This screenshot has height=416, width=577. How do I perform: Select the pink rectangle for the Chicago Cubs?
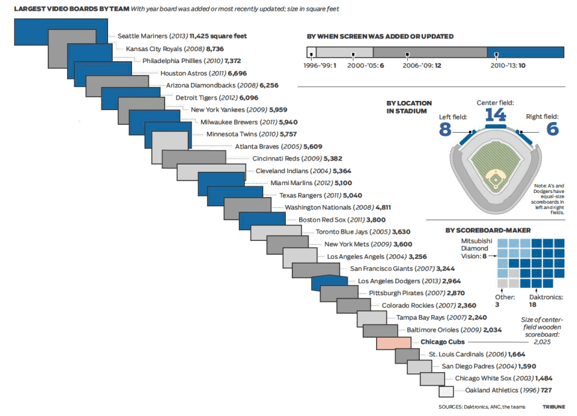395,343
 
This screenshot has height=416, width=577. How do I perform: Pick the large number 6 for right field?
534,129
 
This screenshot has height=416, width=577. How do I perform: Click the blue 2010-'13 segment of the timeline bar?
525,52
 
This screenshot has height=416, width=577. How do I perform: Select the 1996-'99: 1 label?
320,66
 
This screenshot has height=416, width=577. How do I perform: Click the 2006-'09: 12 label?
422,66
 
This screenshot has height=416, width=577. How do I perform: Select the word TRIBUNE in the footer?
554,406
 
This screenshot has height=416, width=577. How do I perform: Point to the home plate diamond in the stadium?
494,177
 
